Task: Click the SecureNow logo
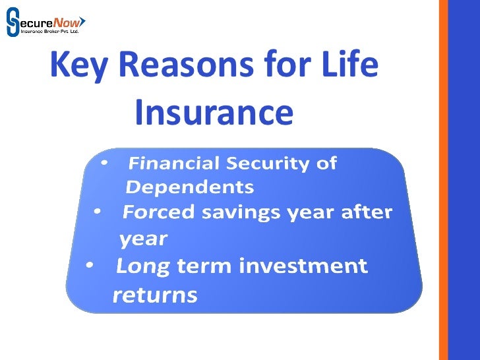pyautogui.click(x=45, y=21)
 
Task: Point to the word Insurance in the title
pyautogui.click(x=213, y=113)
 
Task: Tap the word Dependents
pyautogui.click(x=190, y=187)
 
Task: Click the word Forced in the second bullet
pyautogui.click(x=159, y=212)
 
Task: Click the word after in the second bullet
pyautogui.click(x=365, y=212)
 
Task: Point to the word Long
pyautogui.click(x=142, y=266)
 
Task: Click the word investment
pyautogui.click(x=303, y=266)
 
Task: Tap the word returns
pyautogui.click(x=155, y=294)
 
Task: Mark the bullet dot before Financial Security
pyautogui.click(x=104, y=161)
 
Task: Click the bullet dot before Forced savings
pyautogui.click(x=97, y=211)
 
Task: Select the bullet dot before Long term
pyautogui.click(x=90, y=265)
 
